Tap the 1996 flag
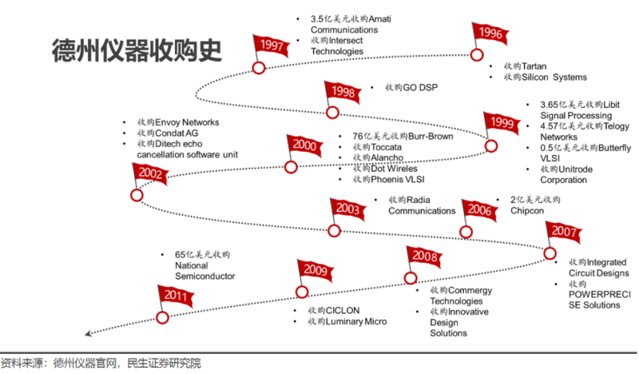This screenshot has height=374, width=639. pyautogui.click(x=490, y=34)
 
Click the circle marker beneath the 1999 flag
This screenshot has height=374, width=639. pyautogui.click(x=492, y=145)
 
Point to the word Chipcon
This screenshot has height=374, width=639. pyautogui.click(x=528, y=210)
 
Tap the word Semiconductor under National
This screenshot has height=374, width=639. pyautogui.click(x=204, y=276)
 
